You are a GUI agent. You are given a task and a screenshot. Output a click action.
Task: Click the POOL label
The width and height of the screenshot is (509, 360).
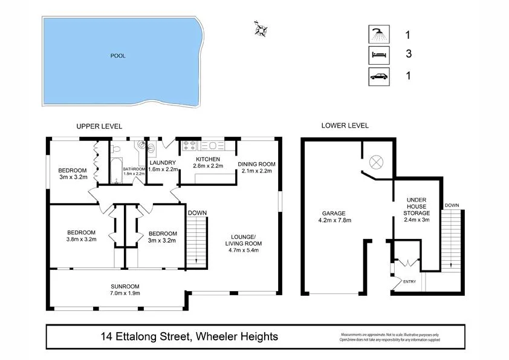click(x=118, y=56)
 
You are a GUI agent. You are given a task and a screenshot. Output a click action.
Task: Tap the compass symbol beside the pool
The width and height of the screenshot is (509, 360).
click(x=262, y=28)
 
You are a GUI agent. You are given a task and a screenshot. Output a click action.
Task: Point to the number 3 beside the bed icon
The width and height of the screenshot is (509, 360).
click(x=409, y=54)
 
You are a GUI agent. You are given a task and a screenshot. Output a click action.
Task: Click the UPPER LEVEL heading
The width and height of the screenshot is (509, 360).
click(x=99, y=126)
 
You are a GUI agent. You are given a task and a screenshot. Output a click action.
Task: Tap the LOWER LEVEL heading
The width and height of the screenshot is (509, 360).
click(x=345, y=126)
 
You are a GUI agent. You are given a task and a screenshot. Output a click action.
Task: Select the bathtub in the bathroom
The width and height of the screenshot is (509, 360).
click(x=116, y=171)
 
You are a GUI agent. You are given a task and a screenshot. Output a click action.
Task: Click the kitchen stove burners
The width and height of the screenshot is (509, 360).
click(x=189, y=145)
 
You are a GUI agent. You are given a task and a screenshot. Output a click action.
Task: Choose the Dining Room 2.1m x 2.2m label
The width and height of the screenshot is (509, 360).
click(x=257, y=167)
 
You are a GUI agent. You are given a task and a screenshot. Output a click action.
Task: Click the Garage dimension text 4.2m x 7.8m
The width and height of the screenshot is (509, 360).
click(x=334, y=220)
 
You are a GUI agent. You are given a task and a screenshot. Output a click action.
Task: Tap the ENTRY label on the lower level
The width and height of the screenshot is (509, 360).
click(x=409, y=281)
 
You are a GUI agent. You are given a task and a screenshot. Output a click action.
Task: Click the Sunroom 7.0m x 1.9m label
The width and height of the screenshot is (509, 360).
click(x=125, y=289)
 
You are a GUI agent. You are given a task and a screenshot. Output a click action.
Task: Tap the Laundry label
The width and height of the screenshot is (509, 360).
click(x=163, y=162)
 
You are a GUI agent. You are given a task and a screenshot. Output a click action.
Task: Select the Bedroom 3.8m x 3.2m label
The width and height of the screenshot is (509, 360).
click(x=82, y=235)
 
